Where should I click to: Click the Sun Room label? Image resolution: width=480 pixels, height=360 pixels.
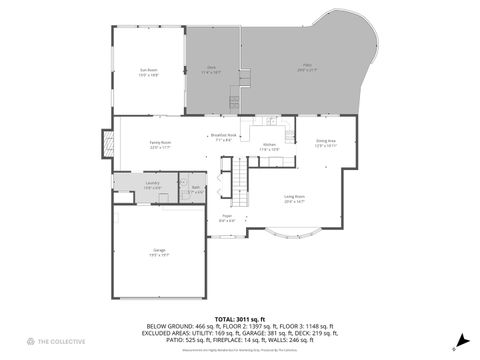[148, 72]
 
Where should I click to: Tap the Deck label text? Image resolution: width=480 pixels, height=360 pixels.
[210, 70]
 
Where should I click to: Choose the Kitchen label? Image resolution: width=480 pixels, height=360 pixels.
[269, 147]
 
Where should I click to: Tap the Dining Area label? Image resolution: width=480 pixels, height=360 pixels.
[326, 144]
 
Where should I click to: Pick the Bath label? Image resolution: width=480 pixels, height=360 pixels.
[196, 188]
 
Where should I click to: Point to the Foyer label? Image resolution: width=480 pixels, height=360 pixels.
[227, 218]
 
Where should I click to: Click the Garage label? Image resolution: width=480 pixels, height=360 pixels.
[160, 253]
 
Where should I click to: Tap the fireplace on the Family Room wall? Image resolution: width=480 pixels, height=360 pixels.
[106, 145]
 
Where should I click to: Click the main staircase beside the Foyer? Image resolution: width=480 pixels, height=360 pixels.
[240, 182]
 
